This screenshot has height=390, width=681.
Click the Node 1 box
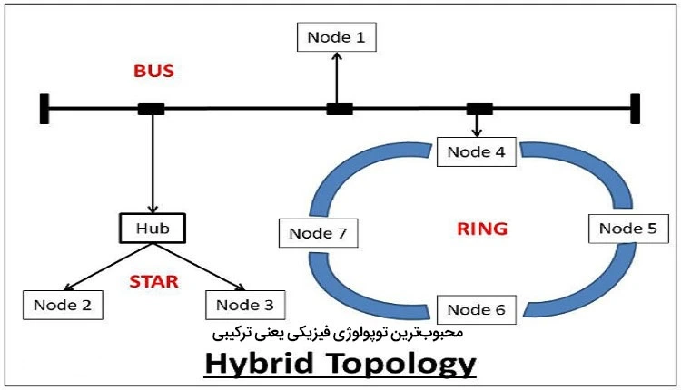[336, 38]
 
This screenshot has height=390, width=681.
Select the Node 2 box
[63, 304]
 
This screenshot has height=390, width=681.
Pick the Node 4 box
[477, 151]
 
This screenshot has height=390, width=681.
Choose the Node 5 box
[628, 229]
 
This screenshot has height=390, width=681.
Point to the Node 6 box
[477, 310]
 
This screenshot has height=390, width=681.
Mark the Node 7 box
[317, 233]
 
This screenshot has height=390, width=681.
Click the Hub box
[152, 229]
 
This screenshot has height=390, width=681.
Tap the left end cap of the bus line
[44, 109]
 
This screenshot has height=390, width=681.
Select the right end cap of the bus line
[637, 109]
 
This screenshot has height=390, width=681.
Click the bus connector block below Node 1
[339, 110]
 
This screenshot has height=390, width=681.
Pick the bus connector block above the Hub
[151, 110]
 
